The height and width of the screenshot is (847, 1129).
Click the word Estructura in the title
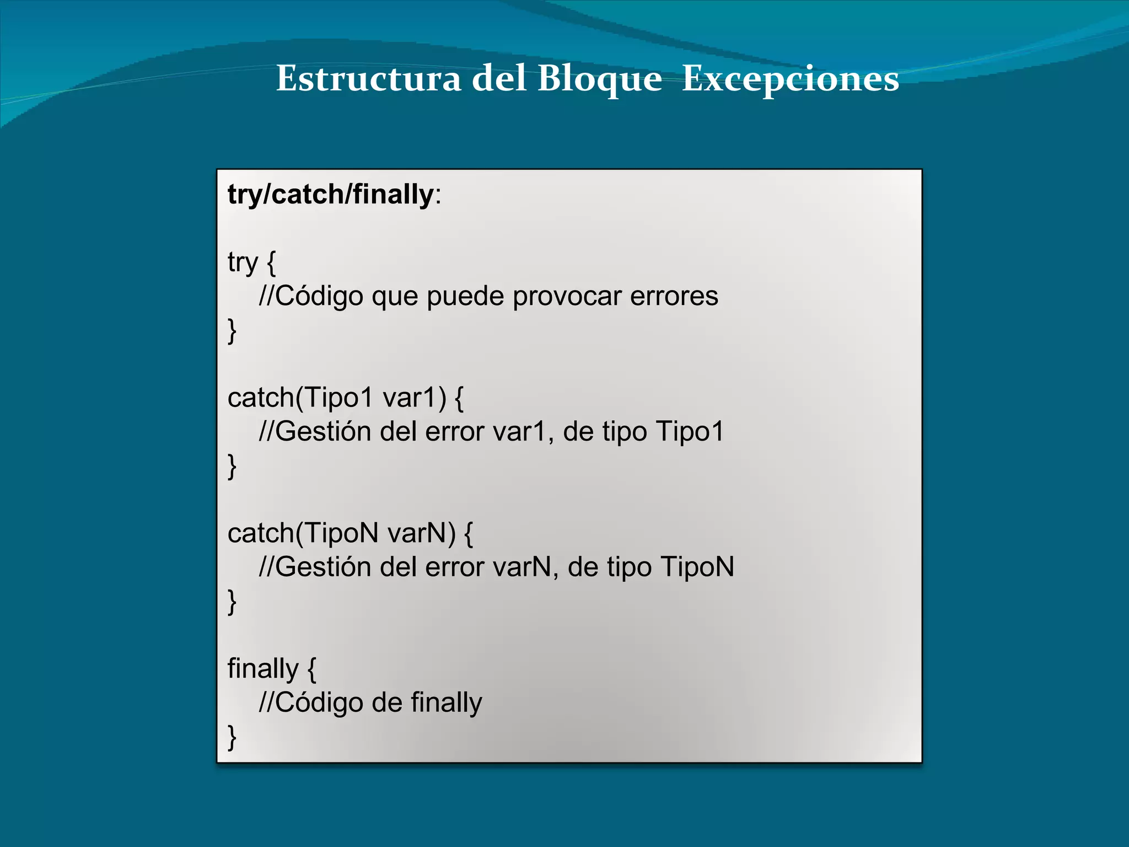(x=368, y=79)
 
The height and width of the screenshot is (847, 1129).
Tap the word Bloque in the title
(x=599, y=79)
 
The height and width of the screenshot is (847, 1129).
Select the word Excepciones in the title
(x=791, y=79)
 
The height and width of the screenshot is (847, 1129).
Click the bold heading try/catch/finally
(x=331, y=195)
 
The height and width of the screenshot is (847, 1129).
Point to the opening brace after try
(x=271, y=262)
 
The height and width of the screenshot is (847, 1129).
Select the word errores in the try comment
(x=674, y=296)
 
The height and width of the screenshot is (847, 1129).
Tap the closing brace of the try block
(x=232, y=331)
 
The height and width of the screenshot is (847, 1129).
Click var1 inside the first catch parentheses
(x=414, y=398)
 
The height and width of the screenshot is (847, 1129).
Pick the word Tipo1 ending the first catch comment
(x=690, y=431)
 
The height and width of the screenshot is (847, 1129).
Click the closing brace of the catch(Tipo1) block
(x=232, y=466)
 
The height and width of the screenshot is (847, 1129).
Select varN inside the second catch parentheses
(x=422, y=533)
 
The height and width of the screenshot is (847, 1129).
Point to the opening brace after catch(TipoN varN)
(x=469, y=534)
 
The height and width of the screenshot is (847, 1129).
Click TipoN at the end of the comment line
(x=697, y=567)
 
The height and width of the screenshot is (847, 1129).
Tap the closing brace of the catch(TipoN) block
(x=232, y=602)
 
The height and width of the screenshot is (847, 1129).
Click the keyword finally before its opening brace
(x=263, y=669)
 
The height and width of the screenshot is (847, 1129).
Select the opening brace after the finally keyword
(x=312, y=669)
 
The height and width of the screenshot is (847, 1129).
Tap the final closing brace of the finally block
(x=232, y=737)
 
